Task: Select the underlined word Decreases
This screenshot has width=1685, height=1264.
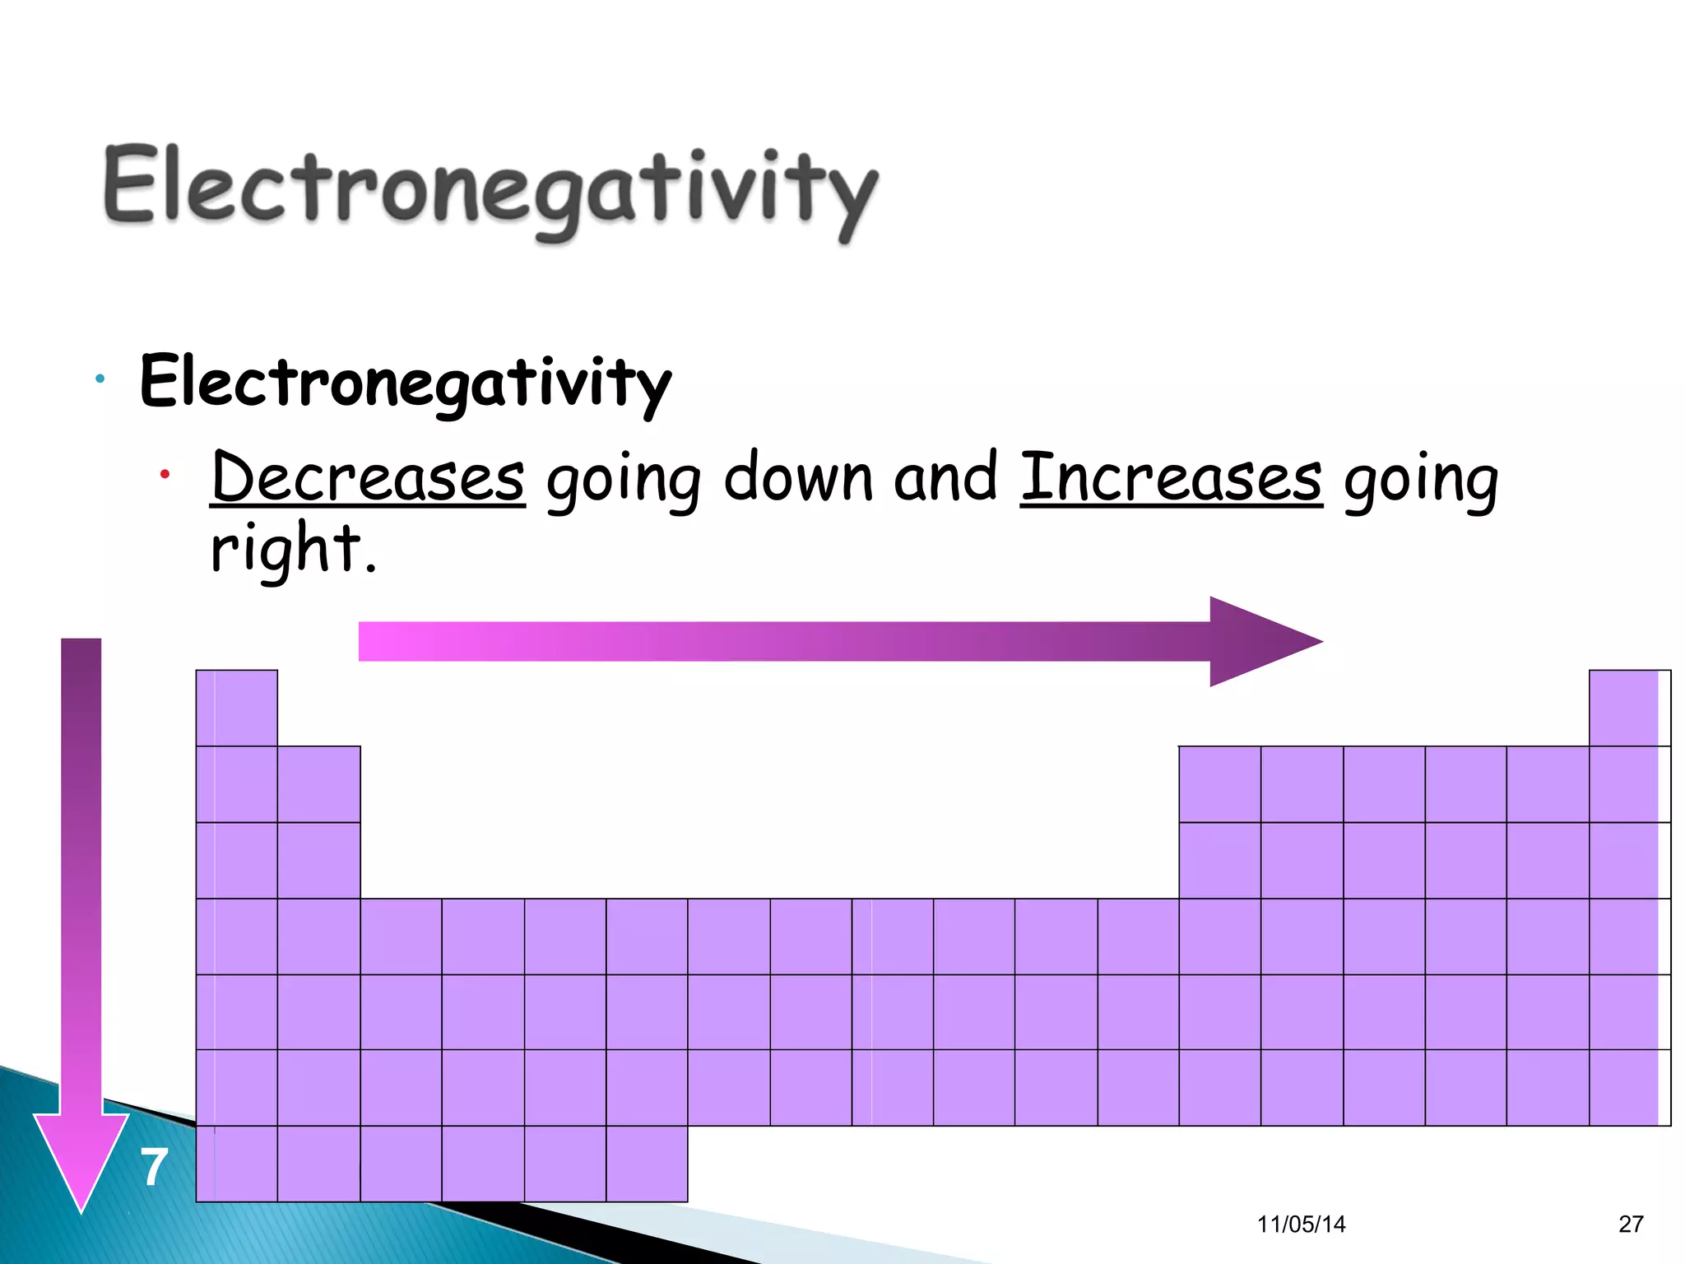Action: click(368, 477)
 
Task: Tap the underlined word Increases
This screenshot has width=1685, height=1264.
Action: click(1171, 477)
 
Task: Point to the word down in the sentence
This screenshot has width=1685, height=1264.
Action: click(798, 477)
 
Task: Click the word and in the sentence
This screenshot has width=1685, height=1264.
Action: click(945, 477)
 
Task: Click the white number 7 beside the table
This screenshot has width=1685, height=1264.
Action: click(154, 1167)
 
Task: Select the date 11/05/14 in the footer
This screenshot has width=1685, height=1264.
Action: click(1301, 1224)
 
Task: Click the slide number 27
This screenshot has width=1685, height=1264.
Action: click(1631, 1224)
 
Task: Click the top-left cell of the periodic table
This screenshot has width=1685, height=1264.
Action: click(237, 708)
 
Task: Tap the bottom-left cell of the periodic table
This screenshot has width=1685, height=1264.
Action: click(237, 1164)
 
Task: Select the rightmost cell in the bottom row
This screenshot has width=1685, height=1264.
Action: click(647, 1164)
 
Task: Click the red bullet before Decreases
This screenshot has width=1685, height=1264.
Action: click(165, 474)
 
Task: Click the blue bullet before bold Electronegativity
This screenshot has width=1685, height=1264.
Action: click(100, 379)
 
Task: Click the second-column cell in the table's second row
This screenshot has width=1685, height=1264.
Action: click(318, 783)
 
